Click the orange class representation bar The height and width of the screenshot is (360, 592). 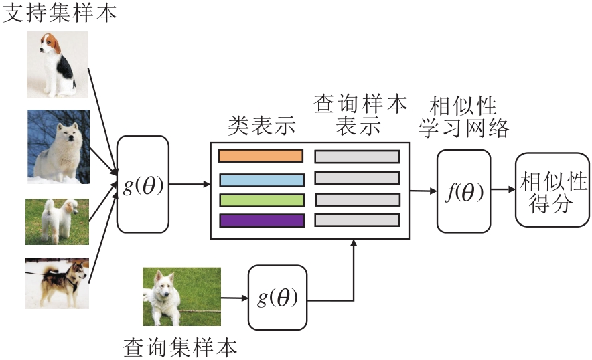(x=261, y=156)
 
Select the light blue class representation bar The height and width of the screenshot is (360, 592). (x=261, y=180)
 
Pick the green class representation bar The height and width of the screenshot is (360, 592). (x=261, y=200)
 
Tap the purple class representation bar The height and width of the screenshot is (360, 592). (x=261, y=220)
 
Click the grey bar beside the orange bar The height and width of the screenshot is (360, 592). (x=357, y=157)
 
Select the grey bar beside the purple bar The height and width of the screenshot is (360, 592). (x=357, y=220)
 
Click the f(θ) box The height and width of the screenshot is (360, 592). (x=463, y=190)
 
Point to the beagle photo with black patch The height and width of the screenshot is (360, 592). (x=57, y=65)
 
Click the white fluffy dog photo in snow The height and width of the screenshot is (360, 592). (x=58, y=147)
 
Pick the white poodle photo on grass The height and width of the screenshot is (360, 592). (x=57, y=221)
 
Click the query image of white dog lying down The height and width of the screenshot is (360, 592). (x=181, y=296)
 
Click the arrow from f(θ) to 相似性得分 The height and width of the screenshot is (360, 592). (x=502, y=191)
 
